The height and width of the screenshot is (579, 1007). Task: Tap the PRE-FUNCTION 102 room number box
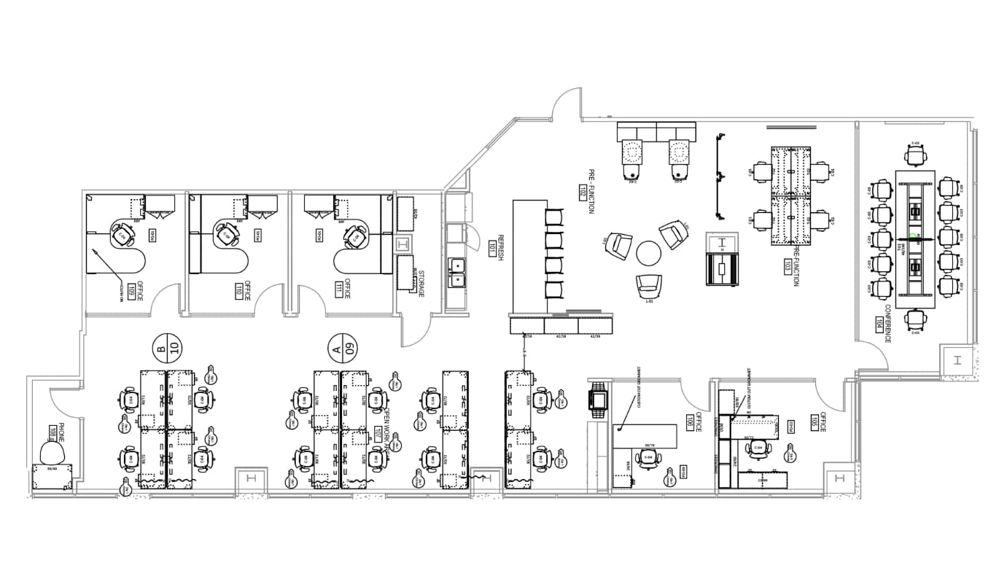point(582,193)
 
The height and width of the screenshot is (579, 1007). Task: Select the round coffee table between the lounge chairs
point(648,253)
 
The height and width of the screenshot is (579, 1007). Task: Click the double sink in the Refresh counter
point(456,271)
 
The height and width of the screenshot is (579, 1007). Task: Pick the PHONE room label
point(61,432)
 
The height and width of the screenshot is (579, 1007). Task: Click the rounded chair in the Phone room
point(53,454)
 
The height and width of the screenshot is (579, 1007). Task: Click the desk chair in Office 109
point(120,236)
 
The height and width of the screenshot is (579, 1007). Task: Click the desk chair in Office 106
point(648,458)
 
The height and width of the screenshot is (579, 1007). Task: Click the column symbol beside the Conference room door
point(956,360)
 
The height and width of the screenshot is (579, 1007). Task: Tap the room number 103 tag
point(788,266)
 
